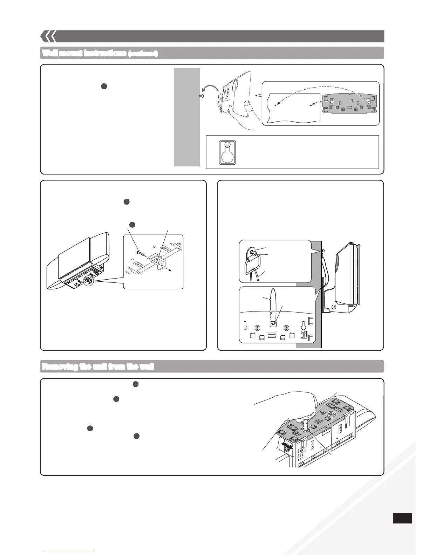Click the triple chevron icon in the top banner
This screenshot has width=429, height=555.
click(x=48, y=36)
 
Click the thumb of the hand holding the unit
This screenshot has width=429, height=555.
click(x=248, y=105)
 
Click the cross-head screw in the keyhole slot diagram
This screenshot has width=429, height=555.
click(x=227, y=145)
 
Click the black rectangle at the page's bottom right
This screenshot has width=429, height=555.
click(x=402, y=518)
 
